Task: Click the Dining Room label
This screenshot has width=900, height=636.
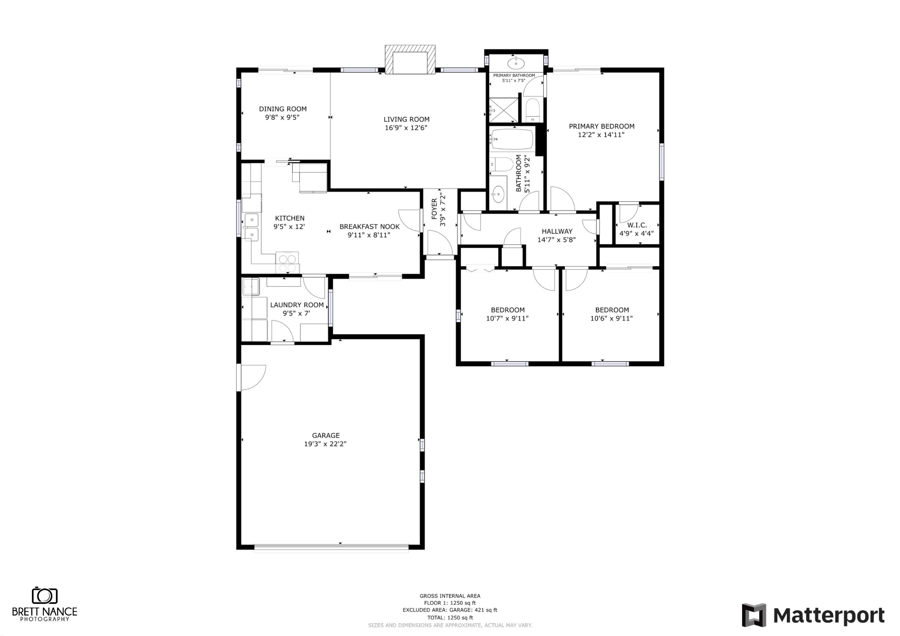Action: tap(283, 109)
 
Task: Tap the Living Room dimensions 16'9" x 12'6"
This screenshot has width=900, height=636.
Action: tap(406, 128)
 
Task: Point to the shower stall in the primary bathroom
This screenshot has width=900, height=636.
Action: tap(504, 110)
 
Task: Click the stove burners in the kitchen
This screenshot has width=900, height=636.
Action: tap(287, 263)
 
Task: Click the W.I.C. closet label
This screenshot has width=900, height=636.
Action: tap(637, 225)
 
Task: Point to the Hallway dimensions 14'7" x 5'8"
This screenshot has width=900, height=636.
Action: tap(556, 240)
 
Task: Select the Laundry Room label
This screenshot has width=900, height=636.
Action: tap(297, 305)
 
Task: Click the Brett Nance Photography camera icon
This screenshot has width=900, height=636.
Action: tap(45, 596)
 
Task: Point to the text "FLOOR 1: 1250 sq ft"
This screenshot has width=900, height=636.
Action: tap(450, 603)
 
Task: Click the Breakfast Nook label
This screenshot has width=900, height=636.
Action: tap(369, 226)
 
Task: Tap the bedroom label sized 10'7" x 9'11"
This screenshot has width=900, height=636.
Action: tap(508, 310)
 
